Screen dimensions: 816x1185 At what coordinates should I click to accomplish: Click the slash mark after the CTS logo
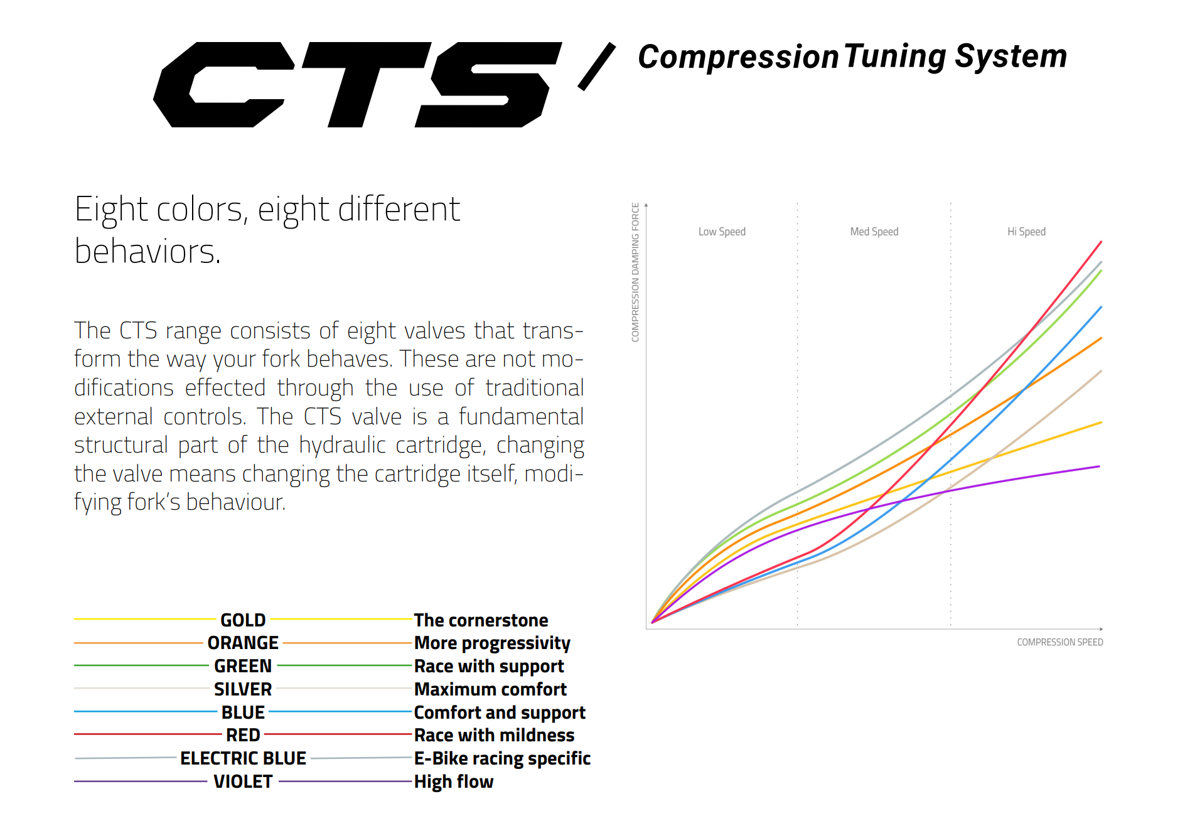596,67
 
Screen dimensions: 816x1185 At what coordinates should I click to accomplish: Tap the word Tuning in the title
894,56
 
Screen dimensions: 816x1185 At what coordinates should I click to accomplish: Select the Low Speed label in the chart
722,232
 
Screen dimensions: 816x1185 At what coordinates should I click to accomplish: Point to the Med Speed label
874,232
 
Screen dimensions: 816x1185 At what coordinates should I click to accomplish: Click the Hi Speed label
1026,232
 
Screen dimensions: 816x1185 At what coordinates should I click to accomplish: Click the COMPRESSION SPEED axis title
1059,642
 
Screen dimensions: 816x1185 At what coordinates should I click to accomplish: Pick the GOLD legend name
243,620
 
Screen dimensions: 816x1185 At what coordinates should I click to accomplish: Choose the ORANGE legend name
243,643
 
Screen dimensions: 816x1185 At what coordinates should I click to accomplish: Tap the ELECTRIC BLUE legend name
243,758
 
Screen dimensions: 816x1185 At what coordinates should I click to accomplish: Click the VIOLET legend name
243,781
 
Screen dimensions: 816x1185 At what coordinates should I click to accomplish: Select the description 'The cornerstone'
481,620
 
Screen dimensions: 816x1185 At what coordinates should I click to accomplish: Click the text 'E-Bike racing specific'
502,758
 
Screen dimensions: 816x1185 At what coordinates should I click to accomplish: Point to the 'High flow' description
454,781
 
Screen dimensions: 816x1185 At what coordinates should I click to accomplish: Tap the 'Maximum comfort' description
490,689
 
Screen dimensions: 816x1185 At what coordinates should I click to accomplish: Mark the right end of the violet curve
1099,466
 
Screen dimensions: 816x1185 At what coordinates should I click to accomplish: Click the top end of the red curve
1101,242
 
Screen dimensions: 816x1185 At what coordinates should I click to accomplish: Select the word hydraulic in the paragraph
342,445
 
